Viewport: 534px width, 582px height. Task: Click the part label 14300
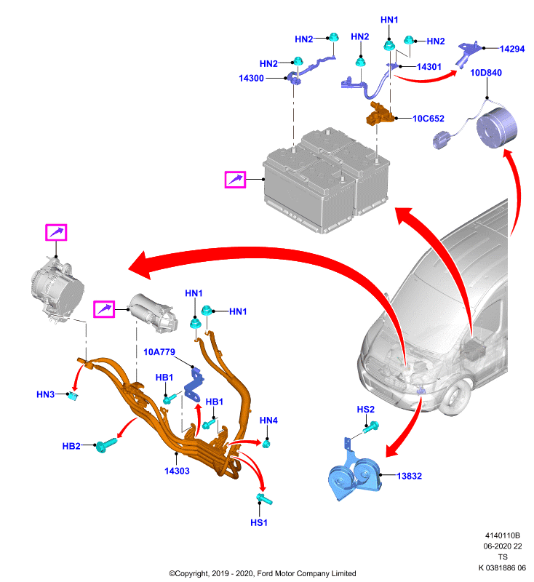(x=251, y=79)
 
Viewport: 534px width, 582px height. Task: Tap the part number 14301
(x=429, y=67)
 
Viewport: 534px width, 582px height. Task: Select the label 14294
(x=512, y=49)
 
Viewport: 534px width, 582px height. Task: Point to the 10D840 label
(x=486, y=73)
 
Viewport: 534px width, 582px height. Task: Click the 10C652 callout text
(x=429, y=119)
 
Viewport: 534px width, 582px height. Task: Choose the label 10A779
(x=159, y=352)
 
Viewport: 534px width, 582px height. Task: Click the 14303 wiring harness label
(x=177, y=471)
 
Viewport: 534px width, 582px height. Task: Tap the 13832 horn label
(x=410, y=477)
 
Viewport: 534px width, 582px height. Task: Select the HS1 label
(x=259, y=523)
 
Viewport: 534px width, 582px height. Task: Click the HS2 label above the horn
(x=365, y=410)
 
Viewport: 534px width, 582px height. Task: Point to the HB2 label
(x=71, y=446)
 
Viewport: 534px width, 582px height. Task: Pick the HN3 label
(x=46, y=394)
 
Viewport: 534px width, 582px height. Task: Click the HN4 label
(x=268, y=420)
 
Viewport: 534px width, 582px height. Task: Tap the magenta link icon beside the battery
(x=235, y=180)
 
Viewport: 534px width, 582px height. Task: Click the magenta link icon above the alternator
(x=56, y=233)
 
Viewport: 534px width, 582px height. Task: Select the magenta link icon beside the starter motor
(x=104, y=309)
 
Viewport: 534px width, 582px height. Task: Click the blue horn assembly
(x=354, y=474)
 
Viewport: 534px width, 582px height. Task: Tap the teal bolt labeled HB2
(x=105, y=445)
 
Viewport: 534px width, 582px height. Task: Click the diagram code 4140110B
(x=503, y=535)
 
